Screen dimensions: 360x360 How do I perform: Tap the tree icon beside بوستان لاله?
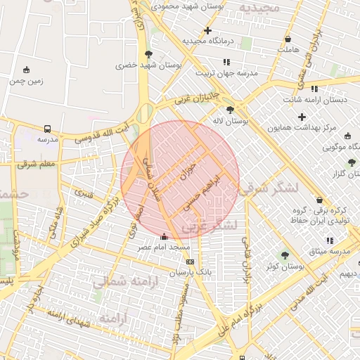231,110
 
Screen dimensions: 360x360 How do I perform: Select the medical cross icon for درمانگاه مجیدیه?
207,30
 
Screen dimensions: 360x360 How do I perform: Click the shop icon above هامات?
288,39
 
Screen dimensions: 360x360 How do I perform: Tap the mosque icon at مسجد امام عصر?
165,236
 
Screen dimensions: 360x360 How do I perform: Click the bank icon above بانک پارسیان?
189,262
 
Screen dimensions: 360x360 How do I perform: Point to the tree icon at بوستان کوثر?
285,255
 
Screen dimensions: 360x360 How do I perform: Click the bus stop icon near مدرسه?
47,129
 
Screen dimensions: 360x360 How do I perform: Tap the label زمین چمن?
27,80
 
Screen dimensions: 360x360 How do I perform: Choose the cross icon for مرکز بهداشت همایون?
302,117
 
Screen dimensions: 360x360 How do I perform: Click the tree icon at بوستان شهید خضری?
148,54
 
